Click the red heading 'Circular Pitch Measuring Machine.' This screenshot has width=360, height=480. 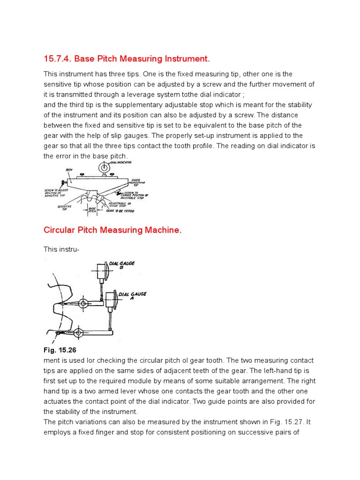point(112,230)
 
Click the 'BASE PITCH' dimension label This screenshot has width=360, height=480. point(92,210)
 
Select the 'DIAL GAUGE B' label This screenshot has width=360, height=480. point(122,265)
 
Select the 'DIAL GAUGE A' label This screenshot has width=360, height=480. point(132,296)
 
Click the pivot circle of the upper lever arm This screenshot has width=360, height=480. point(83,304)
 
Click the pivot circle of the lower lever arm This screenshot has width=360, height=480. point(78,333)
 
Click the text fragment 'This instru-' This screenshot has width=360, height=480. point(61,249)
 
